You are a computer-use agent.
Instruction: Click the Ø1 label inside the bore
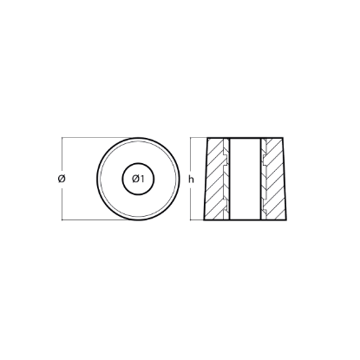[x=138, y=180]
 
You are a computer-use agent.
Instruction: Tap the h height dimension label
[x=191, y=180]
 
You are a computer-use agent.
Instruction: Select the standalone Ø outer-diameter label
[x=62, y=179]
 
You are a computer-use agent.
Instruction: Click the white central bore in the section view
[x=245, y=179]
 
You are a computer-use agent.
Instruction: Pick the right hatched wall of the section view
[x=275, y=179]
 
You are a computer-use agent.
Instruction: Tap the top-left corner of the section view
[x=207, y=138]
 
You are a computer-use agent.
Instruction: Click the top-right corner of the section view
[x=283, y=138]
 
